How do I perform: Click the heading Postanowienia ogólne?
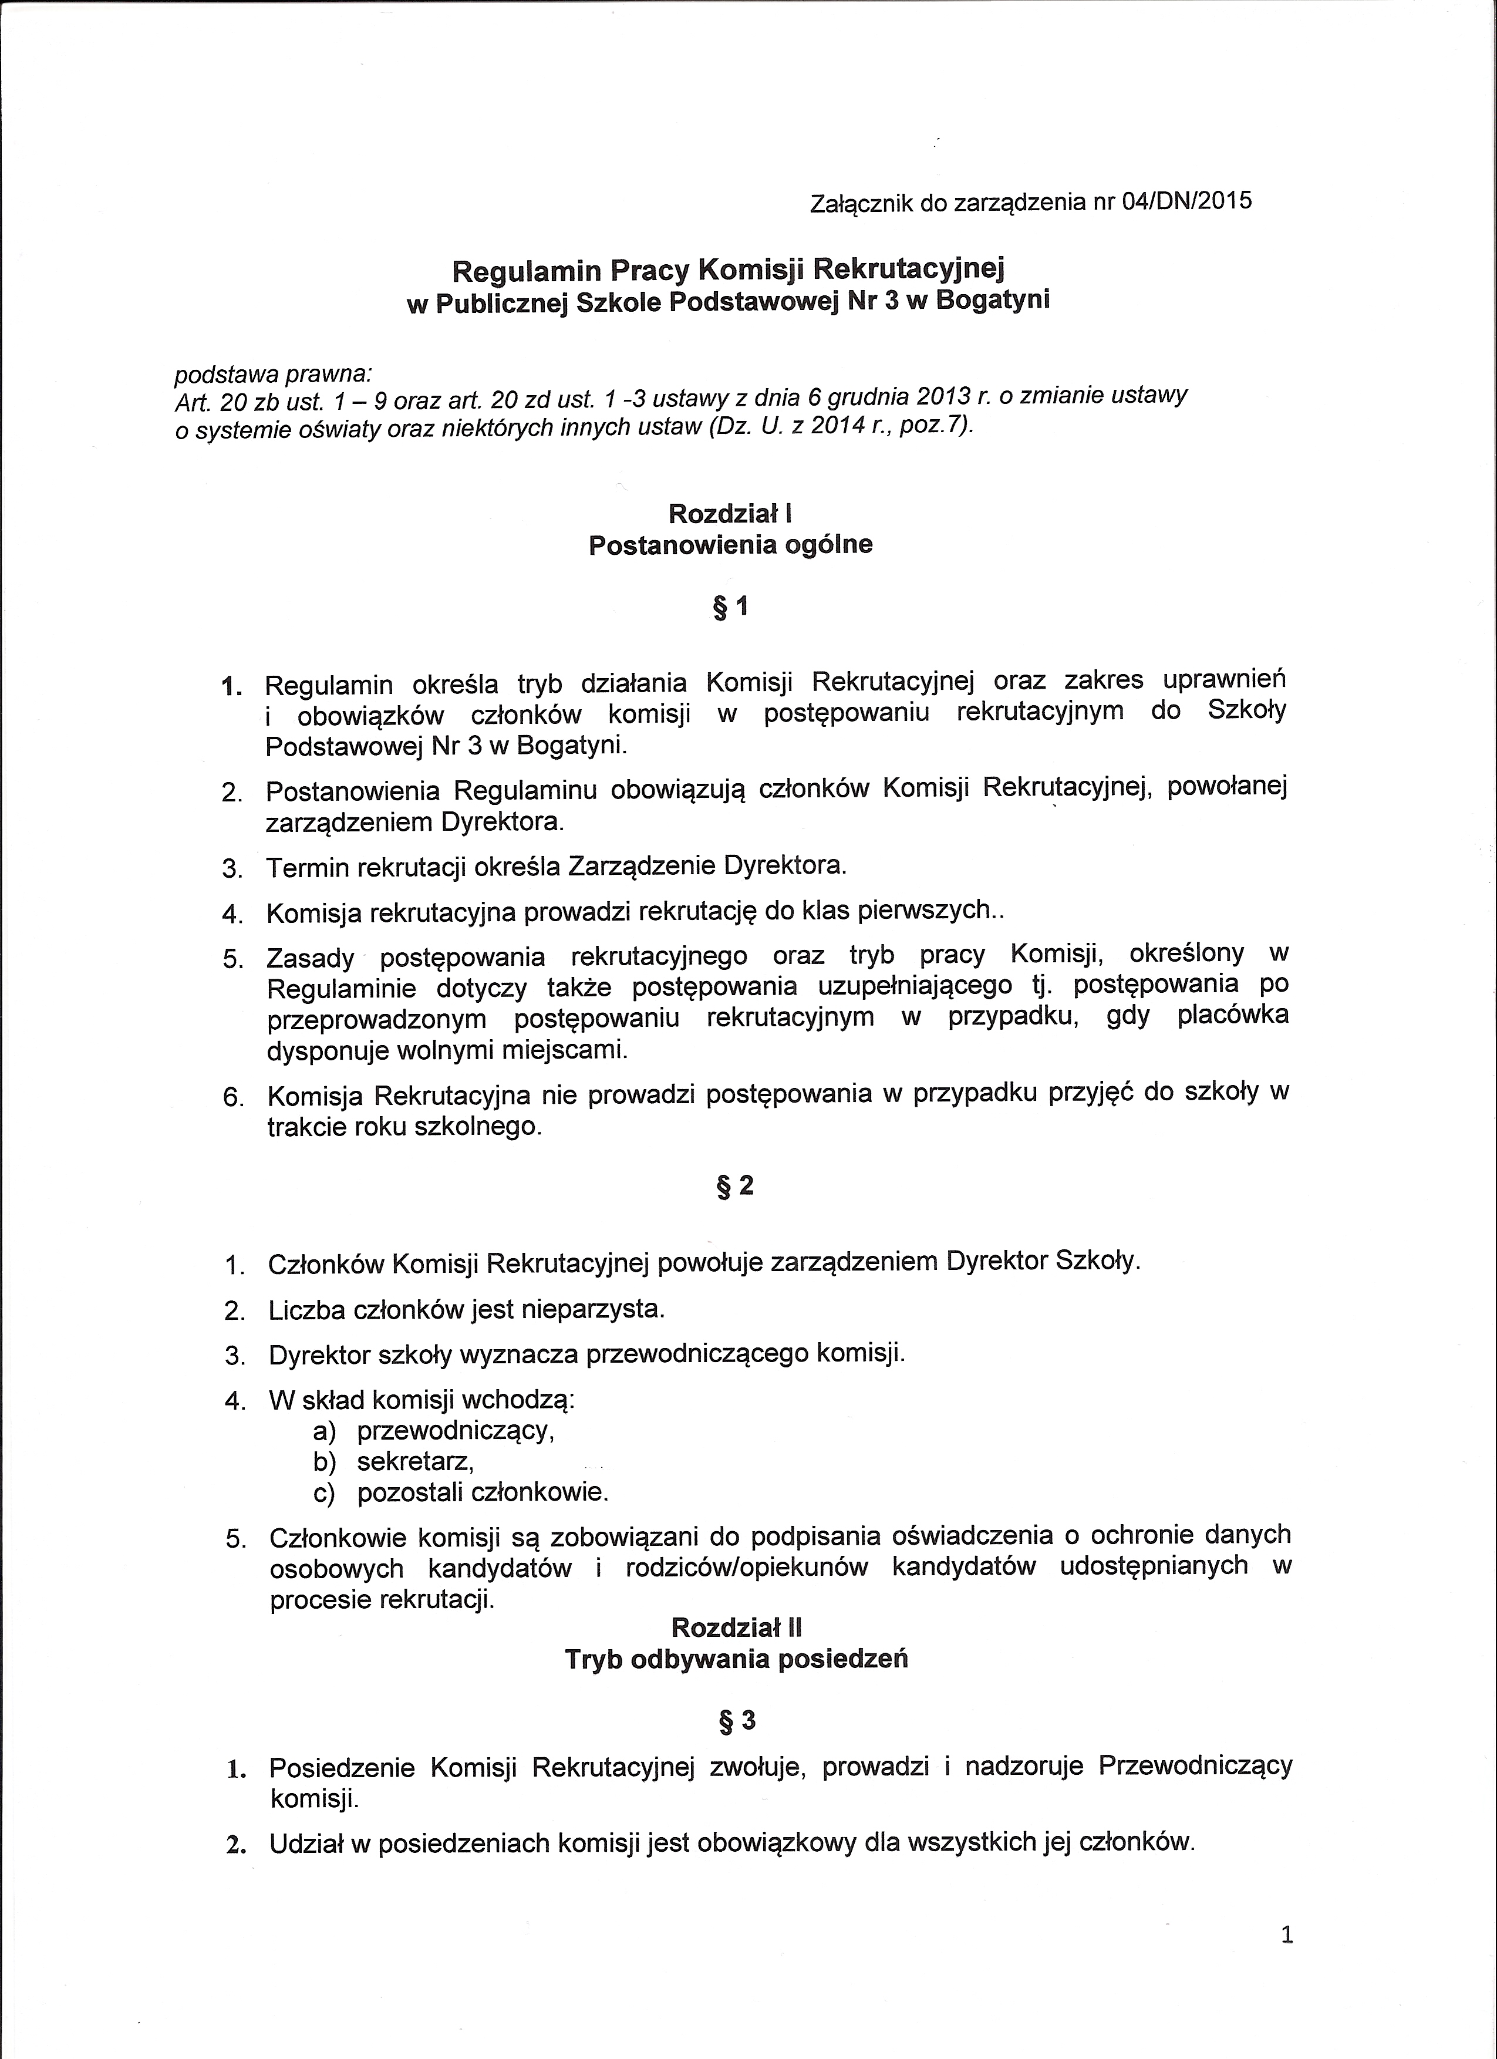731,545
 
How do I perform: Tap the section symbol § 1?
731,607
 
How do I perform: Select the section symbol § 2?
736,1185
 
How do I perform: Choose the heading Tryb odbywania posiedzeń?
736,1659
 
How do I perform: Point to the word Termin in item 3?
308,868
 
